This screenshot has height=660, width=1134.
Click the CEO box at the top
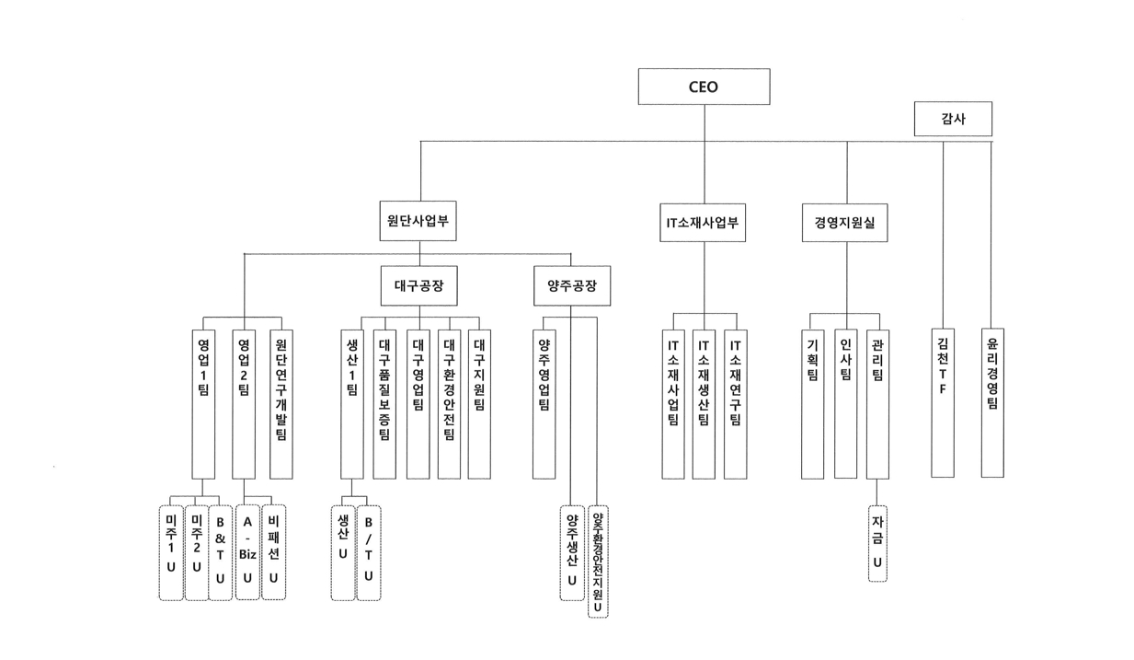pos(704,87)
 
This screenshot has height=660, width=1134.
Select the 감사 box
pos(953,119)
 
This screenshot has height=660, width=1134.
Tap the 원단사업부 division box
pos(418,222)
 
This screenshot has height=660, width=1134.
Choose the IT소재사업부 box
pos(704,223)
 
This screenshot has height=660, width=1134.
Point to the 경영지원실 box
pos(844,223)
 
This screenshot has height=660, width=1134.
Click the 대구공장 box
pos(418,286)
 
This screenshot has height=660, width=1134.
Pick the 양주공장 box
pos(571,286)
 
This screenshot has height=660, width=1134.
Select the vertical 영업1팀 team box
pos(203,403)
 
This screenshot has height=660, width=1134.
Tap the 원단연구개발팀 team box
pos(281,403)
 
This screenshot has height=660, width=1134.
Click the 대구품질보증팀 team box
pos(384,403)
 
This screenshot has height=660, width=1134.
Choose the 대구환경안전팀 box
pos(449,403)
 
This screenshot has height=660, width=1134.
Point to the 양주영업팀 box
pos(544,403)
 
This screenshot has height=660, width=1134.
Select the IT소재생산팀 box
pos(704,403)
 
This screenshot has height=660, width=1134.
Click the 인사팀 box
pos(845,403)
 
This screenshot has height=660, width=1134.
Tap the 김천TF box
pos(943,403)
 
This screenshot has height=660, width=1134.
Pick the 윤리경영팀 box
pos(991,403)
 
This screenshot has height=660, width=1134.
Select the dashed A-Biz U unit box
pos(247,552)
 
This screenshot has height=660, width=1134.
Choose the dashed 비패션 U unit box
pos(273,552)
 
